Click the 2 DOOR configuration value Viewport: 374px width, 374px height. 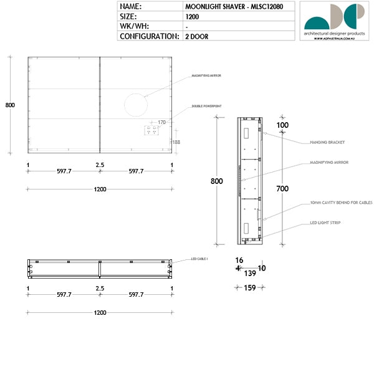click(196, 37)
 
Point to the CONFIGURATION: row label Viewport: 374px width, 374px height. click(149, 37)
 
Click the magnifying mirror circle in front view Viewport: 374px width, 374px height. click(134, 105)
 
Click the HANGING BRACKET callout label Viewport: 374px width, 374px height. click(327, 142)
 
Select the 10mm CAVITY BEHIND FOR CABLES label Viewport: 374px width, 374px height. click(340, 203)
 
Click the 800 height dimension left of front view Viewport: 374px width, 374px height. click(10, 105)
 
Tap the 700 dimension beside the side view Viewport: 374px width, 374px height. click(282, 188)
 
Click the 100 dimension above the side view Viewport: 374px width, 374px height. click(282, 125)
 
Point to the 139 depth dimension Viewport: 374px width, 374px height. click(249, 273)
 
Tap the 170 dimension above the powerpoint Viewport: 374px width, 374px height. click(161, 122)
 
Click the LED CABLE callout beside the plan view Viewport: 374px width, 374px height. click(200, 259)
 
